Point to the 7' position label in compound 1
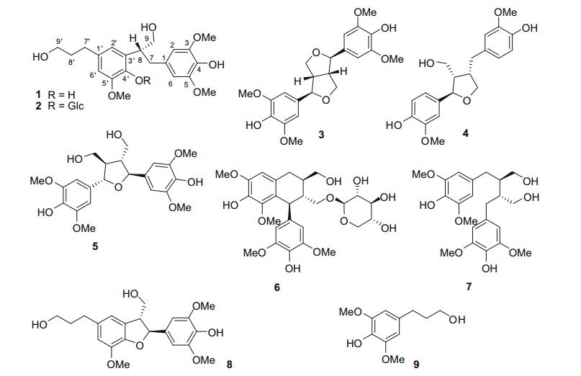click(x=88, y=39)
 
